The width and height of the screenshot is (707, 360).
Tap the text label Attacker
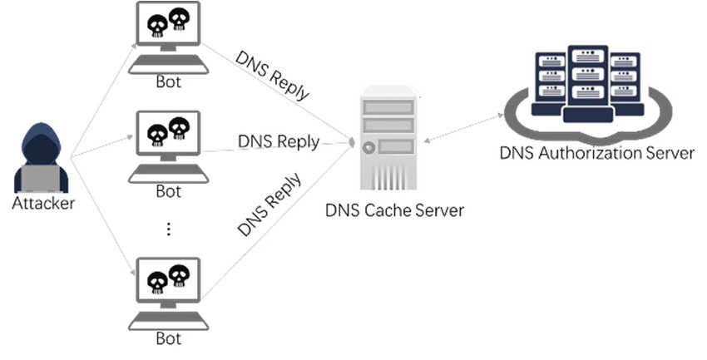(43, 204)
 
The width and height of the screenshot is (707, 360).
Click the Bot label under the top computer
(168, 83)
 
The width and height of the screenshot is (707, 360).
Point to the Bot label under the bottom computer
(168, 338)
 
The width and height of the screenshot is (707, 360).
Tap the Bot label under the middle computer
(168, 191)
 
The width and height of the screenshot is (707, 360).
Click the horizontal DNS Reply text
(278, 141)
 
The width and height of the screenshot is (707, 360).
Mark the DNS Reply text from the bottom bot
(268, 205)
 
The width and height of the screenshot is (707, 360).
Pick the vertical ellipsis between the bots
(168, 229)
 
